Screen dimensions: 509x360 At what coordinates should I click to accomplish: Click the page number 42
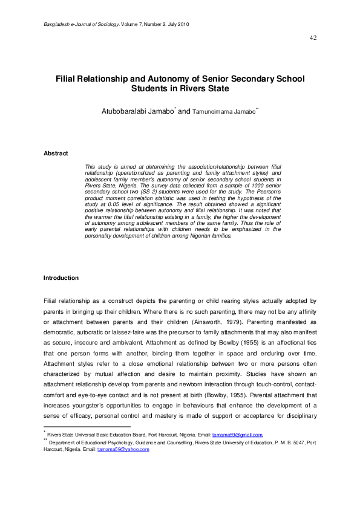(313, 38)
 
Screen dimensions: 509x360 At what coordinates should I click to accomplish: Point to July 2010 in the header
(178, 24)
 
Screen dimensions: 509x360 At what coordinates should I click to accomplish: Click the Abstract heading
(56, 154)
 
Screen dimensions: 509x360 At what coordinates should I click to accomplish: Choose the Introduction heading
(61, 277)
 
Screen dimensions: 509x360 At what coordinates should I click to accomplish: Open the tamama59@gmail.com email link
(237, 435)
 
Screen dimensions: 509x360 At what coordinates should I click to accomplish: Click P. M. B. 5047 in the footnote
(284, 443)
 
